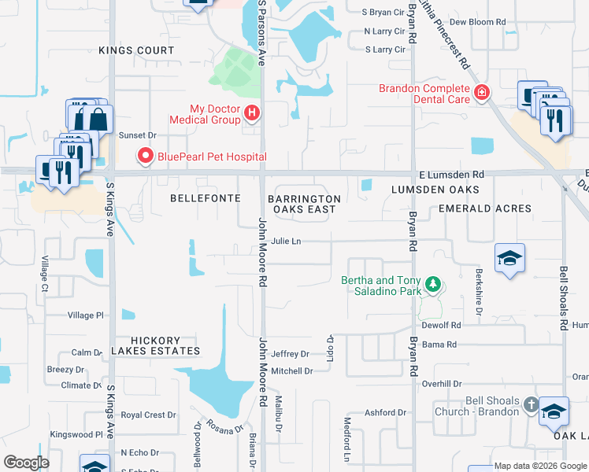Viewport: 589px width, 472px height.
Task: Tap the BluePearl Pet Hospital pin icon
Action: click(x=145, y=157)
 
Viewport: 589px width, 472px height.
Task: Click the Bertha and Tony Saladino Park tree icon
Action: click(x=432, y=283)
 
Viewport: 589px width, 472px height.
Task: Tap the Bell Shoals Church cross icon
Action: click(x=531, y=406)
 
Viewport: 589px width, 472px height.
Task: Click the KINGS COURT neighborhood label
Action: click(x=136, y=50)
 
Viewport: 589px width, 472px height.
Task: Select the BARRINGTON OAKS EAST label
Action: click(x=304, y=204)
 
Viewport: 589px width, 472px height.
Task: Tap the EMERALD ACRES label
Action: click(x=485, y=208)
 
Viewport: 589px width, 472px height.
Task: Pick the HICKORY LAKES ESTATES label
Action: click(x=155, y=351)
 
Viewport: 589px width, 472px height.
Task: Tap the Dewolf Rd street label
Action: click(x=441, y=325)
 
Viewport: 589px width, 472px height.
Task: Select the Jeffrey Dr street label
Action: click(x=290, y=354)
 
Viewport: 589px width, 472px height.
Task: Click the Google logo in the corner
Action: click(x=26, y=463)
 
